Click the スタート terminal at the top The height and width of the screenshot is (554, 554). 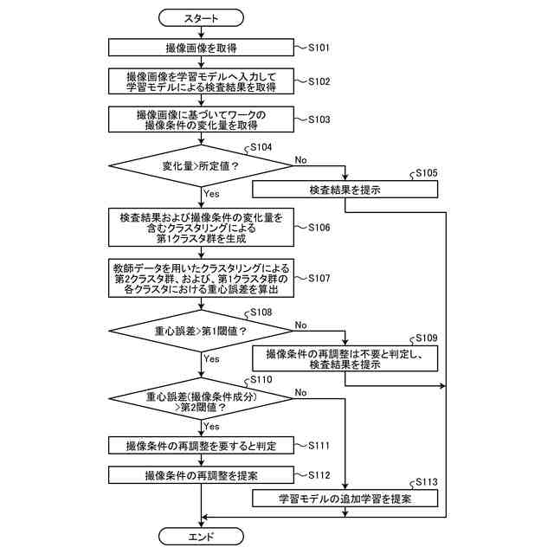202,17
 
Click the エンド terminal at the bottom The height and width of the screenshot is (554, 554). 202,537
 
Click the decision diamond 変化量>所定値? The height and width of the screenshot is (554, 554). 202,165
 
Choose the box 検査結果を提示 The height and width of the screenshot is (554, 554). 345,189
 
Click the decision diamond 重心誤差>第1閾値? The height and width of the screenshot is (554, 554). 202,332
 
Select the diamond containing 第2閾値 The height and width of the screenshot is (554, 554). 202,400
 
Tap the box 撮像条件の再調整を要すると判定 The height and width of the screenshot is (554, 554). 202,445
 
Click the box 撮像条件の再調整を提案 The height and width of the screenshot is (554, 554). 202,475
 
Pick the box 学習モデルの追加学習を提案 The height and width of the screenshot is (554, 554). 345,499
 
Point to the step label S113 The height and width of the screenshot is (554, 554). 426,482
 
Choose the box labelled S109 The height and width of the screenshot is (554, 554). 345,359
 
